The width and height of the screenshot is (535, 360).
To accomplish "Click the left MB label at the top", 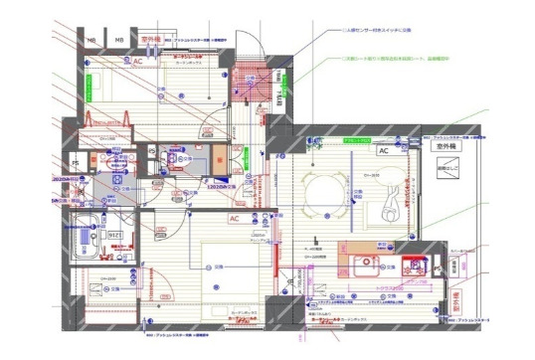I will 91,41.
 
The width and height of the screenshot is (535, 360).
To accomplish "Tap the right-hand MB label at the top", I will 120,41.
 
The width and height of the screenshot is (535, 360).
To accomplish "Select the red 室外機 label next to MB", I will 151,42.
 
